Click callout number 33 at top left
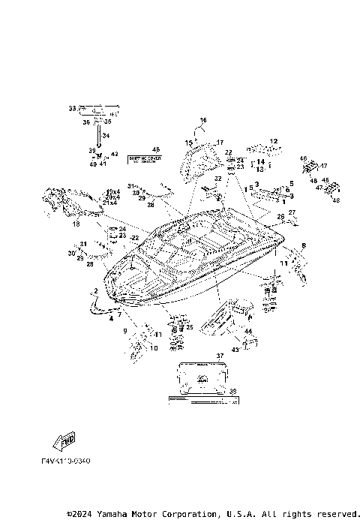click(x=73, y=109)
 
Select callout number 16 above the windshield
click(x=202, y=120)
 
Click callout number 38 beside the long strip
click(x=232, y=390)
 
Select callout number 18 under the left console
click(x=76, y=224)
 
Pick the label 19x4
click(x=112, y=192)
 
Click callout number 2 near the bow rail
click(x=95, y=290)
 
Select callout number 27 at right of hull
click(x=292, y=212)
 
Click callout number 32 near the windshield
click(x=218, y=179)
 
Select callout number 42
click(x=115, y=154)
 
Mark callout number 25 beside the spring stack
click(x=190, y=327)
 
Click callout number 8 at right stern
click(x=304, y=245)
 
